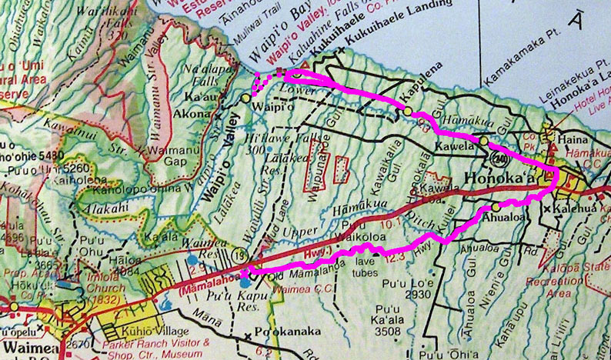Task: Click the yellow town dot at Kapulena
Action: [406, 112]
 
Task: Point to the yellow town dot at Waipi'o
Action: [245, 98]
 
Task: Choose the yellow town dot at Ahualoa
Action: [496, 207]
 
